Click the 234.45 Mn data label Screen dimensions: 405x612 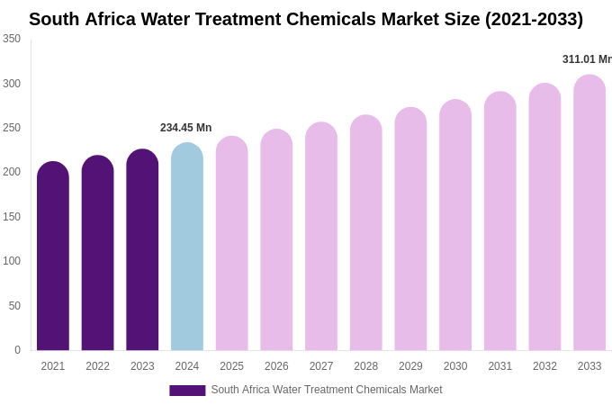pos(185,128)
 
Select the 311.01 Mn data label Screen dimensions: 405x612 pos(587,59)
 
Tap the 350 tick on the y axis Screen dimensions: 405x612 pos(12,39)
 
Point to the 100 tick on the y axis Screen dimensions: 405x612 pos(12,261)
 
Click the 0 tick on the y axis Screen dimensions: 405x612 pos(17,350)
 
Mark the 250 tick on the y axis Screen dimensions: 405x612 pos(12,128)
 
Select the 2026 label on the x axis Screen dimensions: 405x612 pos(276,366)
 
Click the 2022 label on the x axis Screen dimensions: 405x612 pos(97,366)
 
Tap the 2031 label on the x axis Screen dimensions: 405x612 pos(500,366)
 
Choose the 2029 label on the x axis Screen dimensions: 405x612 pos(410,366)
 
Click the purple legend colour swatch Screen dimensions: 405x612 pos(187,391)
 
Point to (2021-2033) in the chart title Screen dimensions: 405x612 pos(534,19)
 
